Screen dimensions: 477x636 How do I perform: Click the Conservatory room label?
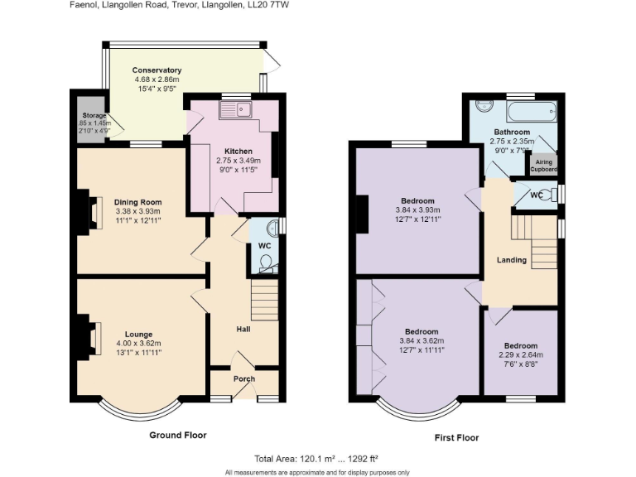pyautogui.click(x=157, y=70)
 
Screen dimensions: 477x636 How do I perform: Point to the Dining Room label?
pyautogui.click(x=138, y=202)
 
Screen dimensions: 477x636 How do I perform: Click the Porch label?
pyautogui.click(x=244, y=379)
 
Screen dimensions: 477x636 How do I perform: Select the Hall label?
pyautogui.click(x=243, y=330)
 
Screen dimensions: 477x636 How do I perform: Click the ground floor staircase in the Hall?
pyautogui.click(x=263, y=294)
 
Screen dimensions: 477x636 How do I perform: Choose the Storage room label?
pyautogui.click(x=89, y=116)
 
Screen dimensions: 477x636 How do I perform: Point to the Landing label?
pyautogui.click(x=511, y=260)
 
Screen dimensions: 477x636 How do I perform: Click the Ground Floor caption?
pyautogui.click(x=177, y=435)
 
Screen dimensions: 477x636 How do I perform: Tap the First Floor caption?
pyautogui.click(x=456, y=437)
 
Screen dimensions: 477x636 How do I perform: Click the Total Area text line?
pyautogui.click(x=317, y=459)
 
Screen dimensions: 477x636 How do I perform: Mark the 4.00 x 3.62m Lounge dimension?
pyautogui.click(x=138, y=344)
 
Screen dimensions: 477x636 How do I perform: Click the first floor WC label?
pyautogui.click(x=536, y=195)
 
